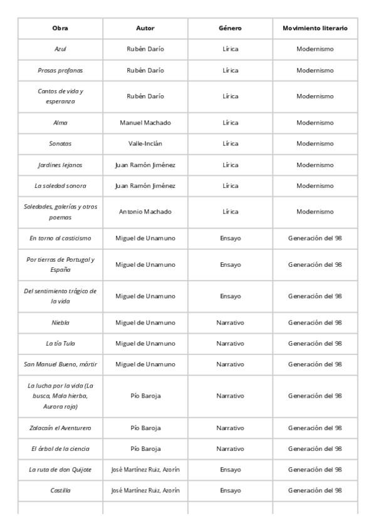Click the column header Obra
[60, 28]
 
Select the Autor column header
[145, 28]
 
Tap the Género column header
[230, 28]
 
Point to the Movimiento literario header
[315, 28]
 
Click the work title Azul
[60, 49]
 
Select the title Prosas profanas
[60, 70]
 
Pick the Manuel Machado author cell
[145, 123]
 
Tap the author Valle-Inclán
[145, 143]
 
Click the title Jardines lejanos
[60, 165]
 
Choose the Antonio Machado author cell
[145, 212]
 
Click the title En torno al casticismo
[60, 238]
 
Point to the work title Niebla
[60, 322]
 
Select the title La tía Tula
[60, 343]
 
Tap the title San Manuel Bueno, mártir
[60, 364]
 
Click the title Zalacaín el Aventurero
[60, 428]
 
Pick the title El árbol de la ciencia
[60, 448]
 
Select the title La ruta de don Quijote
[60, 469]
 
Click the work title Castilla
[60, 490]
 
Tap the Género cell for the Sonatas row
[230, 143]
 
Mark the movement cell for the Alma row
[315, 123]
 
